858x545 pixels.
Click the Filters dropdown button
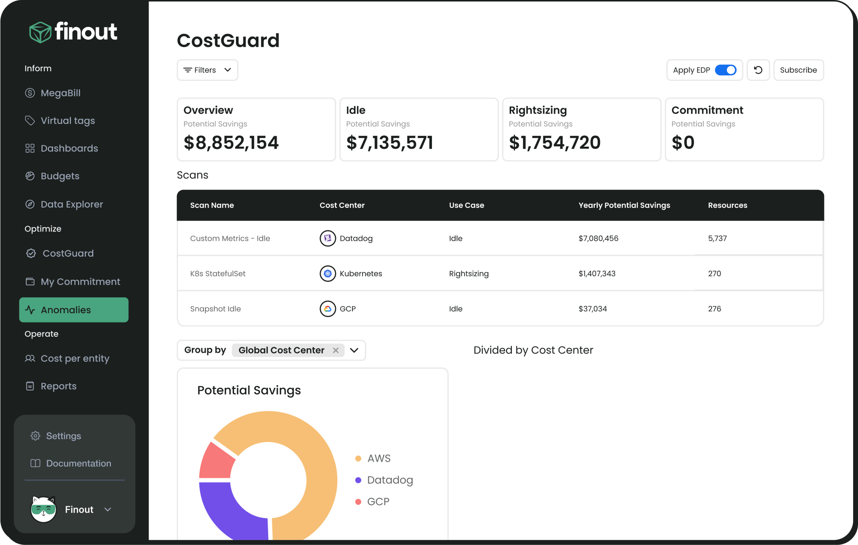click(207, 70)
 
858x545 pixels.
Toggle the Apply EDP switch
click(725, 70)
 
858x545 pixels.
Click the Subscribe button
click(798, 70)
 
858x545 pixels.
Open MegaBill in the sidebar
click(60, 93)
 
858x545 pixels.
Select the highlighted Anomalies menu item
click(73, 310)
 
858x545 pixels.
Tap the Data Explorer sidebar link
click(71, 204)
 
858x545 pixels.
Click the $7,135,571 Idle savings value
click(389, 143)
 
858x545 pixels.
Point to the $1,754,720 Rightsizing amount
click(554, 143)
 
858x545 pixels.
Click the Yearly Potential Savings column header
click(624, 205)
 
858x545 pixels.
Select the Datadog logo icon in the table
click(327, 238)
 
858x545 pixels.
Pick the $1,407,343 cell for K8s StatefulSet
click(597, 273)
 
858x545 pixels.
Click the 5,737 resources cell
click(717, 238)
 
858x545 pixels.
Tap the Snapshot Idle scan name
click(215, 309)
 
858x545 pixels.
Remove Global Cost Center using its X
click(336, 350)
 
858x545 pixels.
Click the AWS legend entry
click(378, 458)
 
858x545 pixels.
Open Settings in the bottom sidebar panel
click(63, 436)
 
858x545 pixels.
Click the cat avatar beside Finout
click(43, 509)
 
